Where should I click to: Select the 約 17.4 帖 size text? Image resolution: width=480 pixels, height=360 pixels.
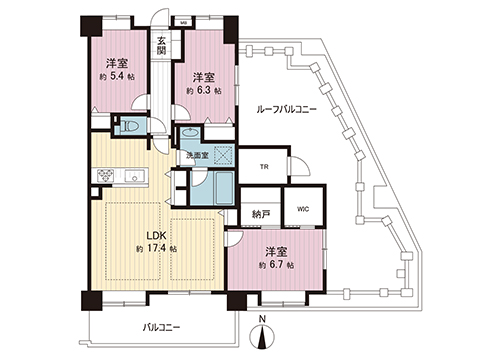tap(156, 248)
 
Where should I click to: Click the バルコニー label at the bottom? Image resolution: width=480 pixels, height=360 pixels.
tap(161, 326)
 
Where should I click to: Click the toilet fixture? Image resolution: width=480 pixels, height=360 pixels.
tap(131, 127)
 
